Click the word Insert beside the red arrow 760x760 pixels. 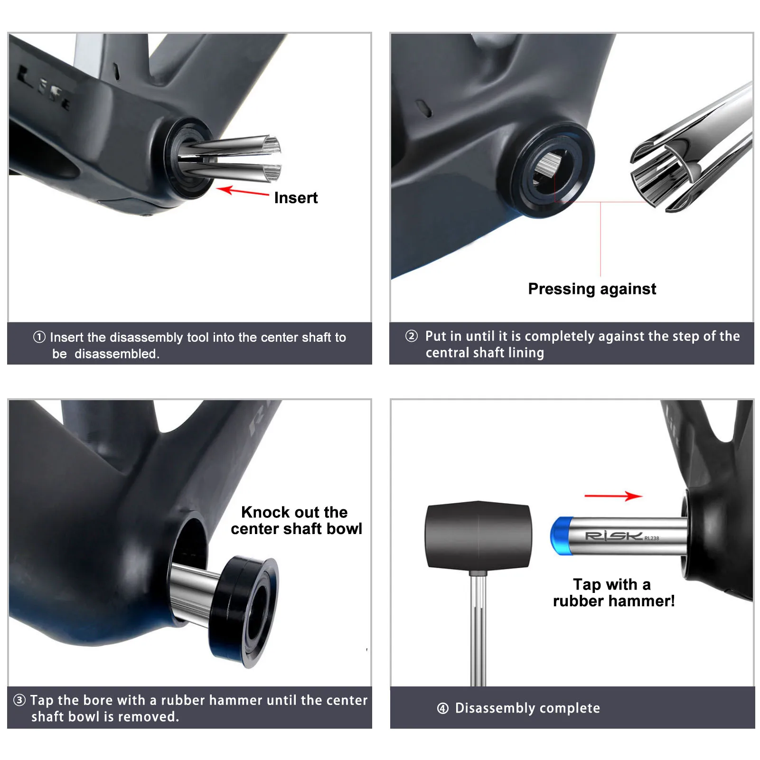[x=296, y=197]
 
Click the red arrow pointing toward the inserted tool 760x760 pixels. [x=243, y=192]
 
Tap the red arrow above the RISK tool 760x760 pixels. [x=613, y=496]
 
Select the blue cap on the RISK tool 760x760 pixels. [x=560, y=536]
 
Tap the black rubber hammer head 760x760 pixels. [x=478, y=535]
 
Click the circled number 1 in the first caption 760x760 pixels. [x=39, y=337]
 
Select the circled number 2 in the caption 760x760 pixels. [x=412, y=336]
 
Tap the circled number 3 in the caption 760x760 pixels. [x=19, y=700]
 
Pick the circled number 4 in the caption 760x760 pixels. [x=443, y=708]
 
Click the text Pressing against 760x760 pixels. [x=592, y=289]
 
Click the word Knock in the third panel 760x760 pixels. [x=265, y=512]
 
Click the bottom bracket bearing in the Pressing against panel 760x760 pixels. [x=551, y=169]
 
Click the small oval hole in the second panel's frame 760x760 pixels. [x=424, y=108]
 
